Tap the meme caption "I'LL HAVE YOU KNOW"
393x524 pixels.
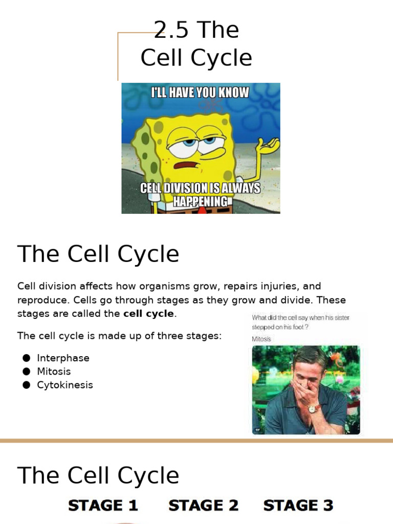click(200, 93)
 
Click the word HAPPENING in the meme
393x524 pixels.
click(200, 201)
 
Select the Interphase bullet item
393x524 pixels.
click(63, 358)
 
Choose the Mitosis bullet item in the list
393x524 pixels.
click(54, 372)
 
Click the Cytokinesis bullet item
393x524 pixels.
click(65, 385)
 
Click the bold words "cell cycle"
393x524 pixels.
click(148, 314)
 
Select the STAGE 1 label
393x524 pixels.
click(103, 506)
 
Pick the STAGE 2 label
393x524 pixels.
click(203, 506)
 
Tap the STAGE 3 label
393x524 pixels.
click(298, 506)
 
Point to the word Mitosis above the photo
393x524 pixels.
click(261, 339)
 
